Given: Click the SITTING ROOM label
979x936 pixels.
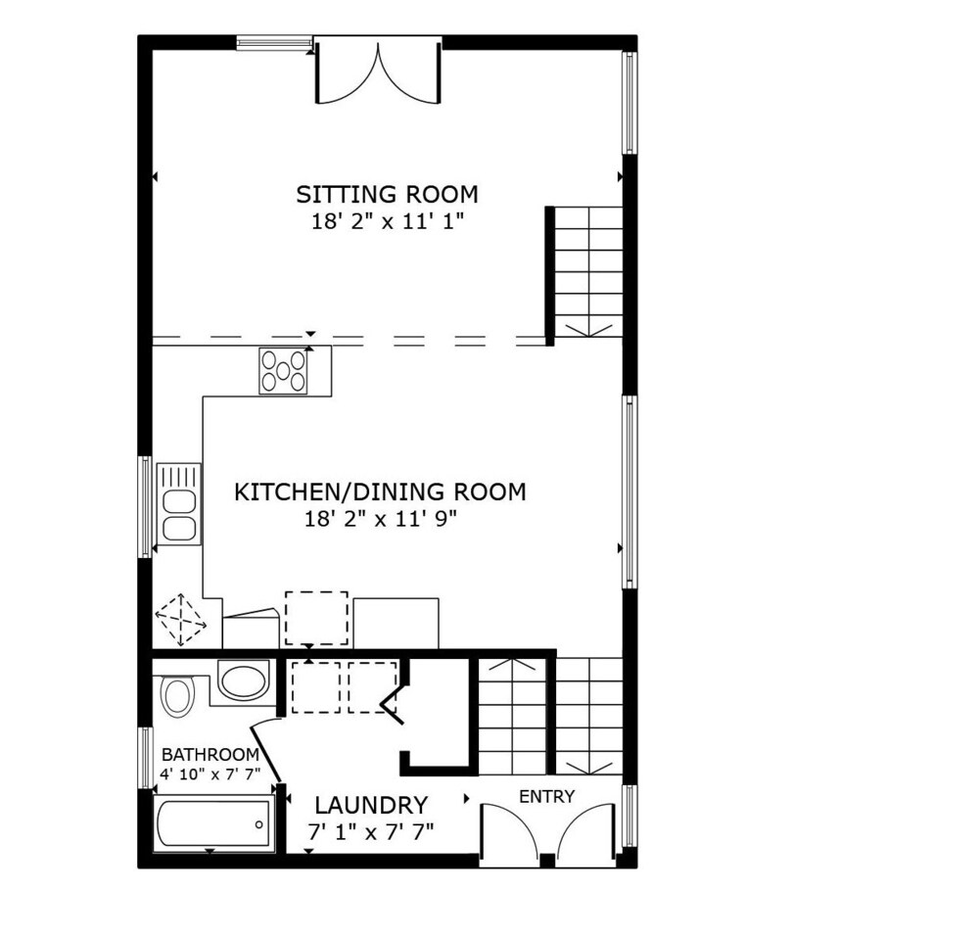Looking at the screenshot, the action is [x=387, y=194].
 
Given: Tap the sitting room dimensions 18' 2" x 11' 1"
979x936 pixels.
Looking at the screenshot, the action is [x=388, y=221].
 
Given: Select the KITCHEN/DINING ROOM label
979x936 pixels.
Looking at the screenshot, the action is [x=380, y=492].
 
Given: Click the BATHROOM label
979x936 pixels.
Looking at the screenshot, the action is [x=210, y=755].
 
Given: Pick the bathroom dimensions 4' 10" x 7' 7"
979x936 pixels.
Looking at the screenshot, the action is [x=210, y=774].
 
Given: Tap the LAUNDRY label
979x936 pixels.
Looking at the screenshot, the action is [x=371, y=805].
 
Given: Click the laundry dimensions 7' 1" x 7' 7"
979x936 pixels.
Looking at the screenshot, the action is [x=371, y=831].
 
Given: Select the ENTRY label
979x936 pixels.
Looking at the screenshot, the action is [x=547, y=797].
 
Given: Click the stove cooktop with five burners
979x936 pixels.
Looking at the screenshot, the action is [x=284, y=371].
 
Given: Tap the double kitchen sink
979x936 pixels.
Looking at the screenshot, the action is [x=178, y=504].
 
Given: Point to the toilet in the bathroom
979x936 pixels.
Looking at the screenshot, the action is [x=179, y=695].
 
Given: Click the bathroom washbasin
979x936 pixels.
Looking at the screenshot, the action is [x=243, y=681].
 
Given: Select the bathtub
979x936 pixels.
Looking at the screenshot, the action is [x=213, y=823].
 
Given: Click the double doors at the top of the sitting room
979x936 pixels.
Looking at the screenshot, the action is [x=378, y=70].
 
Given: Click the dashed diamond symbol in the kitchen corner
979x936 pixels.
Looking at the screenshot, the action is [x=180, y=620].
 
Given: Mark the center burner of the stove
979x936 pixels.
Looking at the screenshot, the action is [x=283, y=371].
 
